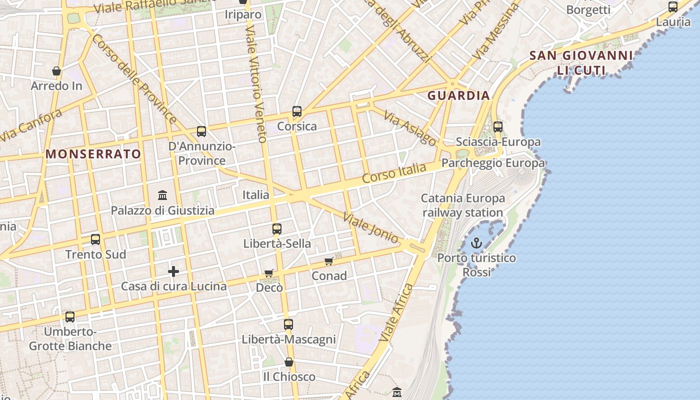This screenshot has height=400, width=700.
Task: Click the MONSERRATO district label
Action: click(93, 154)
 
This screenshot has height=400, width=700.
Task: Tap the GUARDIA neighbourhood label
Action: click(458, 95)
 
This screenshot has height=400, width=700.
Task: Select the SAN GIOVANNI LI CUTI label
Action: click(581, 62)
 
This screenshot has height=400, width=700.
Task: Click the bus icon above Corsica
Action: click(297, 111)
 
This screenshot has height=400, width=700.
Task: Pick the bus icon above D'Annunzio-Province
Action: click(201, 131)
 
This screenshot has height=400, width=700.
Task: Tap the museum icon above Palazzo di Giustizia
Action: click(162, 195)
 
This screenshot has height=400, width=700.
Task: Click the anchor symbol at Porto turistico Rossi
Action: click(476, 243)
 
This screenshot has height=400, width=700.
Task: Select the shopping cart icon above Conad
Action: click(329, 261)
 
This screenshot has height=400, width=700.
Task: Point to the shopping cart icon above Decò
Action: click(269, 273)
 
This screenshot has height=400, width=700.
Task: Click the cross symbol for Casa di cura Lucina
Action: click(173, 271)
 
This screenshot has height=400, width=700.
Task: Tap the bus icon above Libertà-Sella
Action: click(277, 229)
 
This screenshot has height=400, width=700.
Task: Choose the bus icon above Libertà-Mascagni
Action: click(288, 324)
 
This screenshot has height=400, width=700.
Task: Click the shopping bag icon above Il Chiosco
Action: click(289, 362)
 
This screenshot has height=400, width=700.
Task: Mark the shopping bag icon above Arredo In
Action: click(56, 71)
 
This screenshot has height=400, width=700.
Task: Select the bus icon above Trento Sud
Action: click(95, 239)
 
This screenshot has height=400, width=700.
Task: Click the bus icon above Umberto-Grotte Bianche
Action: click(70, 316)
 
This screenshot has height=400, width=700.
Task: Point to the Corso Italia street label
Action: click(394, 173)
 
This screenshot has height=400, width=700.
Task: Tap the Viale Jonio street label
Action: click(371, 227)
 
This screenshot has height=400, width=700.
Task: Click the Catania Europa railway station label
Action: click(463, 205)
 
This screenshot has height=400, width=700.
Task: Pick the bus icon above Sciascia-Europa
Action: click(498, 127)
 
